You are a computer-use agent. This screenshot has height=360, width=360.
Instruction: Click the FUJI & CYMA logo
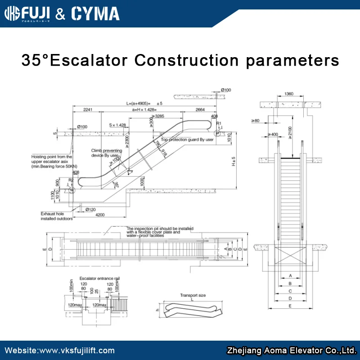pyautogui.click(x=62, y=13)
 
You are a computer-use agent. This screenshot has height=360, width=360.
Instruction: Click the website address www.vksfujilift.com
pyautogui.click(x=59, y=351)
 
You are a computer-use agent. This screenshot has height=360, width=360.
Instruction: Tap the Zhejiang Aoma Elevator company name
pyautogui.click(x=292, y=351)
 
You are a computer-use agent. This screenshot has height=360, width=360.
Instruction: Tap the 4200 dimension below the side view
pyautogui.click(x=99, y=215)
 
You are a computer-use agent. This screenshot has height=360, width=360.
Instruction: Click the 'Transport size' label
pyautogui.click(x=193, y=296)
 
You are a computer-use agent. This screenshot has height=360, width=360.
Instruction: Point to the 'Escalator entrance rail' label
pyautogui.click(x=99, y=279)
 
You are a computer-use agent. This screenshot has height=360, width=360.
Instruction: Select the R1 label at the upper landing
pyautogui.click(x=219, y=123)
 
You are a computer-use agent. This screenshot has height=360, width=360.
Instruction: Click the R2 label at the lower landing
pyautogui.click(x=70, y=180)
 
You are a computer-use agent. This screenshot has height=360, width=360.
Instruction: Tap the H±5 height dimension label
pyautogui.click(x=233, y=161)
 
